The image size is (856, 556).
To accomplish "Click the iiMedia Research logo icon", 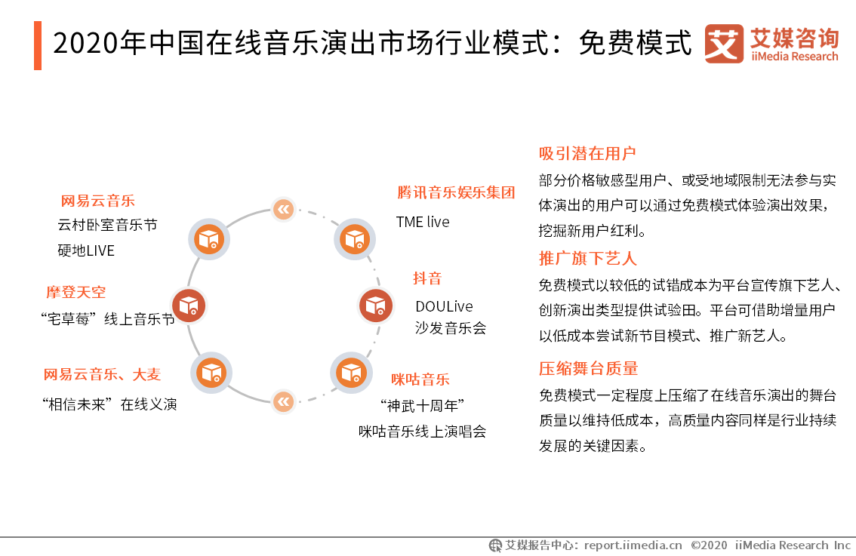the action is click(x=724, y=44).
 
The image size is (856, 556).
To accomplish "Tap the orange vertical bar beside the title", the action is click(x=38, y=45).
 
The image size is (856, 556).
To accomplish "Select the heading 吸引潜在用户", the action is click(x=587, y=154).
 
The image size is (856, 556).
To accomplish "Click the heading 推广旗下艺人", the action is click(x=587, y=259).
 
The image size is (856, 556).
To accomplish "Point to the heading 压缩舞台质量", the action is click(x=589, y=369).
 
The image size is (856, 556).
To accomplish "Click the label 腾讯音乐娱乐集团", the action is click(x=456, y=192).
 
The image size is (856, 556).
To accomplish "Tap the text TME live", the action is click(x=423, y=222).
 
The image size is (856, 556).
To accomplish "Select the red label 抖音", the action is click(x=427, y=278).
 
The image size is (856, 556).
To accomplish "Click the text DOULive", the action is click(x=444, y=306).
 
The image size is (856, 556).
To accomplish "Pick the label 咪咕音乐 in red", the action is click(x=420, y=379).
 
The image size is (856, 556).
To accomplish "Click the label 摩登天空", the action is click(x=76, y=293).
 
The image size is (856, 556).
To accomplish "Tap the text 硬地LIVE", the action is click(x=86, y=251).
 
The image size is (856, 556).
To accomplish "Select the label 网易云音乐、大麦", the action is click(x=102, y=375).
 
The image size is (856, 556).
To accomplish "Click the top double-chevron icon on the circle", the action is click(x=283, y=209).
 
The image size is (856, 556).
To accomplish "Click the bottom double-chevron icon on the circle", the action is click(x=283, y=402).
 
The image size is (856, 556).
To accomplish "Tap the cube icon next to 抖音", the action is click(x=376, y=305).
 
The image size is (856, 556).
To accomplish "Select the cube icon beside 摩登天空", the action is click(x=189, y=305).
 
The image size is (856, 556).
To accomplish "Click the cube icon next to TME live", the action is click(x=355, y=239).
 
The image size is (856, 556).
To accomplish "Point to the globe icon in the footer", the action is click(x=495, y=545).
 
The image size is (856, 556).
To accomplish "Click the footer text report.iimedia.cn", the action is click(x=633, y=545).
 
